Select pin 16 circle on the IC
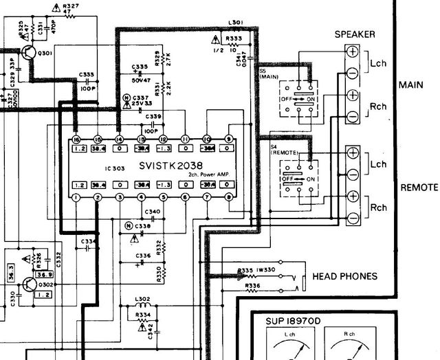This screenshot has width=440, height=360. pyautogui.click(x=76, y=139)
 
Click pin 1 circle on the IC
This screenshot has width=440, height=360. pyautogui.click(x=76, y=198)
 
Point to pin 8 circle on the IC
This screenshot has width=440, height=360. pyautogui.click(x=229, y=198)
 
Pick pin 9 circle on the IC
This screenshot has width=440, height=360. pyautogui.click(x=229, y=139)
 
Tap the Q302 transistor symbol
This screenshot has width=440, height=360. pyautogui.click(x=30, y=283)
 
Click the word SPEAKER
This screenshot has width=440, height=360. pyautogui.click(x=354, y=34)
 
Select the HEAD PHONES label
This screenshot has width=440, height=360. pyautogui.click(x=344, y=276)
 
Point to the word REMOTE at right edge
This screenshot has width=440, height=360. pyautogui.click(x=419, y=188)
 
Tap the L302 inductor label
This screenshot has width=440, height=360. pyautogui.click(x=143, y=300)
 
